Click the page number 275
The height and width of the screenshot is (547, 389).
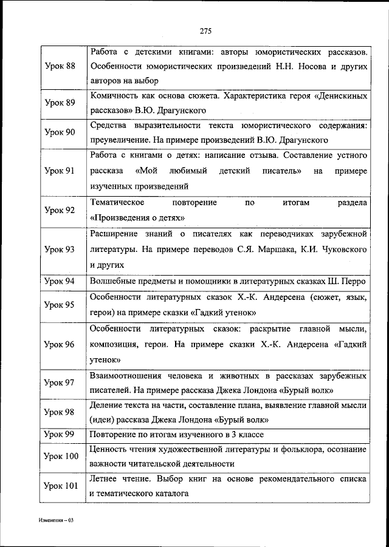coord(204,31)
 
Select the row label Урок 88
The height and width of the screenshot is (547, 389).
coord(60,66)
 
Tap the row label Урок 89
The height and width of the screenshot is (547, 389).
coord(60,103)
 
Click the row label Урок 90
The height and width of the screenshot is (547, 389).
coord(60,132)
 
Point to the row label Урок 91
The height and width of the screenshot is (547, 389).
coord(60,171)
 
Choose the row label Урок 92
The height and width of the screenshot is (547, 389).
coord(60,210)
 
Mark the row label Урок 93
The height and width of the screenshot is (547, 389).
coord(60,250)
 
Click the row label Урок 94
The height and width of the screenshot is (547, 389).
coord(60,281)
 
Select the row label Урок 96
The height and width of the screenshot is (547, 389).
coord(60,344)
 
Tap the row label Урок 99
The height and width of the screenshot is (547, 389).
coord(60,435)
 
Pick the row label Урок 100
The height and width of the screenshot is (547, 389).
coord(62,456)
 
